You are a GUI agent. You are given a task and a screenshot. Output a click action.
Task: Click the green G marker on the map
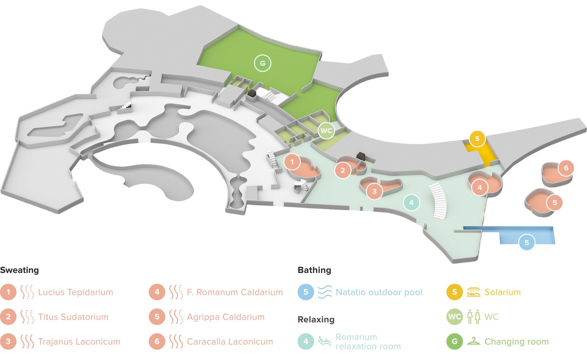click(262, 63)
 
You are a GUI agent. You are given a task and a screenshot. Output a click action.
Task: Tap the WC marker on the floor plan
click(326, 131)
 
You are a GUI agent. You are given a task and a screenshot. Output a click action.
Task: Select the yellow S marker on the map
click(477, 139)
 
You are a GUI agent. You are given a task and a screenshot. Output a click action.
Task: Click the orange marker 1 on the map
click(292, 162)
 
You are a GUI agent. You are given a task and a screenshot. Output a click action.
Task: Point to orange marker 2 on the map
click(343, 170)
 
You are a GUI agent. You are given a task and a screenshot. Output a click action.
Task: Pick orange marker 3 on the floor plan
click(374, 192)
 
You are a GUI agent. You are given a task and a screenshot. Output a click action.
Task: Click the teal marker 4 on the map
click(411, 203)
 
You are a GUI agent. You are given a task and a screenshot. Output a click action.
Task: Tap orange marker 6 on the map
click(566, 168)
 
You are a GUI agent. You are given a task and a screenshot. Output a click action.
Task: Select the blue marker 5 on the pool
click(526, 243)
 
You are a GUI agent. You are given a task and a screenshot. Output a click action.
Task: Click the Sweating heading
click(20, 270)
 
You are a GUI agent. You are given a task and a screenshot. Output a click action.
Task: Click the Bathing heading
click(314, 270)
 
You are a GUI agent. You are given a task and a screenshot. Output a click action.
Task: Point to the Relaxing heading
click(316, 320)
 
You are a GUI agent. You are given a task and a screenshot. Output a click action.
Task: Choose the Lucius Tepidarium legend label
click(76, 292)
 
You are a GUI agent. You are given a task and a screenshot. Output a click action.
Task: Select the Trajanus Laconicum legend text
click(79, 342)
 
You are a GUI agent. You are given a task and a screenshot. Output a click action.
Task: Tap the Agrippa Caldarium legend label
click(226, 317)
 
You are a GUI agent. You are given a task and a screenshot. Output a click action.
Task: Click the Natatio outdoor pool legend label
click(379, 292)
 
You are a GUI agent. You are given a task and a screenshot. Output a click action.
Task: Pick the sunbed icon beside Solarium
click(473, 292)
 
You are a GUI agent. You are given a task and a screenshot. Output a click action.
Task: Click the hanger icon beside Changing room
click(473, 341)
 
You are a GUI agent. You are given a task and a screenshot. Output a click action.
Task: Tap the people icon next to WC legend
click(473, 317)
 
